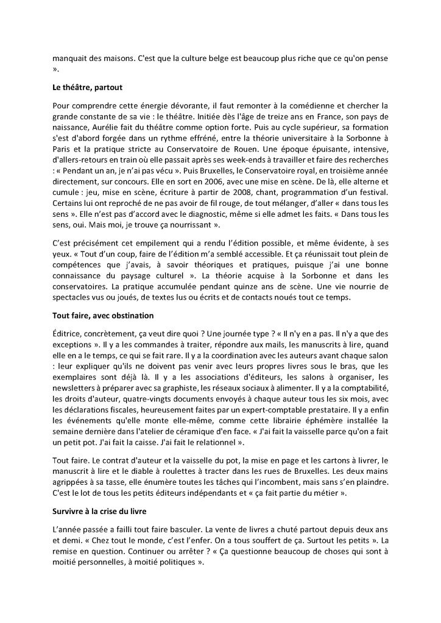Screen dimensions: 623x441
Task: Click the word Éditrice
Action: click(69, 334)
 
